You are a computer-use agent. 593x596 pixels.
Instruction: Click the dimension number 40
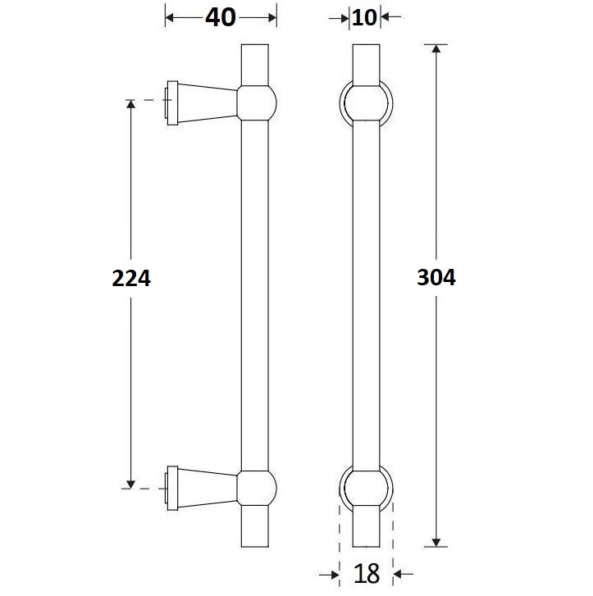point(220,17)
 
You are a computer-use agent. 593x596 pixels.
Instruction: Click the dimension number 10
point(365,17)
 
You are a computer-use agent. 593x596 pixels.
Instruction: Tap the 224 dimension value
point(131,278)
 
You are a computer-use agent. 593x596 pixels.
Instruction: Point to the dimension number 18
point(367,573)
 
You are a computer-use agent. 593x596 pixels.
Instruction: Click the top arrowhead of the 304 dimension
point(436,50)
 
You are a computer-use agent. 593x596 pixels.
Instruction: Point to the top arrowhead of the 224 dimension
point(130,107)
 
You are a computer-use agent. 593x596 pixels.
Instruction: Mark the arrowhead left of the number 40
point(171,17)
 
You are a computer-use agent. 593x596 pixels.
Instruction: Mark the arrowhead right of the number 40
point(270,17)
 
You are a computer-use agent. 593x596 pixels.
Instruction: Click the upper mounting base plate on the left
point(172,103)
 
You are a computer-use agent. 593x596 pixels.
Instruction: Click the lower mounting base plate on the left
point(172,489)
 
